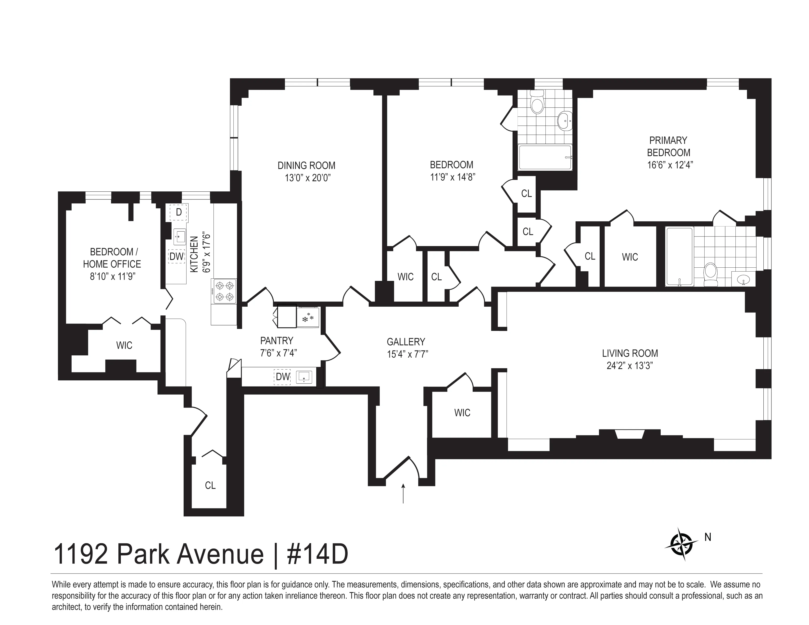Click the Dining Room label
coord(306,165)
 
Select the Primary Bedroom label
coord(668,147)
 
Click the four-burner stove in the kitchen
coord(224,291)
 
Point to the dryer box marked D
coord(178,212)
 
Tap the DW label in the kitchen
coord(177,256)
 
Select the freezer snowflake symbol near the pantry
coord(307,318)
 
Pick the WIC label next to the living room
coord(462,413)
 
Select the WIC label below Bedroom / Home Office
coord(124,345)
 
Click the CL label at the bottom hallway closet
coord(210,485)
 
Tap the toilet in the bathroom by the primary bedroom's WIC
coord(710,274)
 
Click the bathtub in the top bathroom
coord(544,157)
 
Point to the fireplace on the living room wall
coord(630,434)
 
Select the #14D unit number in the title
coord(317,554)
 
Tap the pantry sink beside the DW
coord(304,377)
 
